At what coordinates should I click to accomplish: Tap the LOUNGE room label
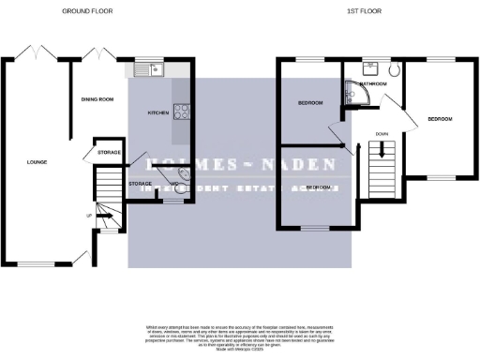pyautogui.click(x=37, y=162)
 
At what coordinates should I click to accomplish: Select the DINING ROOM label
pyautogui.click(x=97, y=98)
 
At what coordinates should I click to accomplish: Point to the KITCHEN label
pyautogui.click(x=157, y=112)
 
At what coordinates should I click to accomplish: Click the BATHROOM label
pyautogui.click(x=374, y=83)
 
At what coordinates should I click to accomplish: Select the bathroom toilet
pyautogui.click(x=394, y=70)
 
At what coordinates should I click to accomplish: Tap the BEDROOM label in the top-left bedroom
pyautogui.click(x=308, y=101)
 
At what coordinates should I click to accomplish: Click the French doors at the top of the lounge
pyautogui.click(x=38, y=51)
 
